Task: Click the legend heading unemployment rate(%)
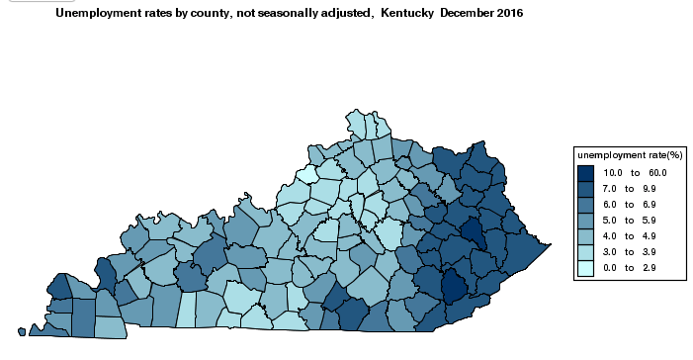[x=630, y=154]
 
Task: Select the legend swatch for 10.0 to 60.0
[x=585, y=172]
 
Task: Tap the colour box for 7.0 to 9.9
[x=585, y=188]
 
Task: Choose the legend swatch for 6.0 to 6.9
[x=585, y=204]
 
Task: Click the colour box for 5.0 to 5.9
[x=585, y=220]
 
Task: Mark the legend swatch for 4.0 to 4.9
[x=585, y=235]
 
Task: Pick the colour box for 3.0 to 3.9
[x=585, y=251]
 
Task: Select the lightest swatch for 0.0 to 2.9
[x=585, y=267]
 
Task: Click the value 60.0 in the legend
[x=658, y=173]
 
